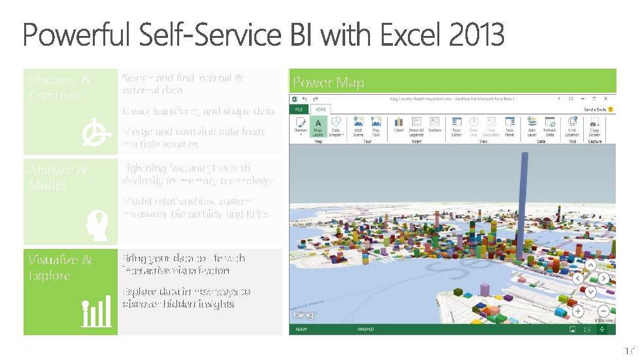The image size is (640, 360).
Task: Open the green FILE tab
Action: [x=298, y=110]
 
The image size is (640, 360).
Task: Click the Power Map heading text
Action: [x=328, y=82]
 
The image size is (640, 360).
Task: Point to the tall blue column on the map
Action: [x=524, y=196]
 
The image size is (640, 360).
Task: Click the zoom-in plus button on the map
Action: [x=578, y=311]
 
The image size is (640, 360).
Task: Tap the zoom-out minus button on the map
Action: [x=603, y=311]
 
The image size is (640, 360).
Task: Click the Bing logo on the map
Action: [x=303, y=316]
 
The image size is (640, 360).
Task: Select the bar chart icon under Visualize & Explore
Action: [x=96, y=313]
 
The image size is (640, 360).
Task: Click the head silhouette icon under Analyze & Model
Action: [x=95, y=224]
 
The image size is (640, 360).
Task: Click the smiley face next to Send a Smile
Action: [x=610, y=110]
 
